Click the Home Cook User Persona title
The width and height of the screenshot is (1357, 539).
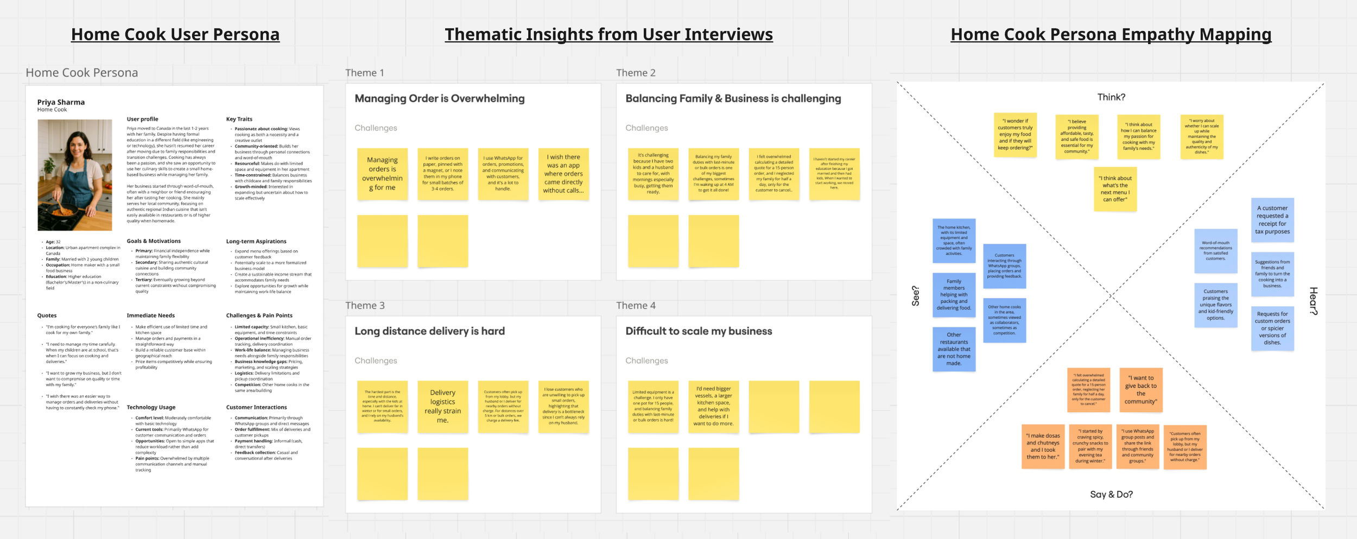175,34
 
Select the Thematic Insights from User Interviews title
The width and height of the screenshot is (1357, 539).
608,34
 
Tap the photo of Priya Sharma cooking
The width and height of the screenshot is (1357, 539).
75,175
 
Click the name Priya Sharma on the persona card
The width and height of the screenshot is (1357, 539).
61,102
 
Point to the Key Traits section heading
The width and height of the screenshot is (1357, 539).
239,119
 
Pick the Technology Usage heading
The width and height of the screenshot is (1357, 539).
151,407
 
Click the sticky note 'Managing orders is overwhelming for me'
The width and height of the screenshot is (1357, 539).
382,174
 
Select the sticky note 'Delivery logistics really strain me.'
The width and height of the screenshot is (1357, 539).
442,406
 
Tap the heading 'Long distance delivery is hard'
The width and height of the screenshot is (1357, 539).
429,331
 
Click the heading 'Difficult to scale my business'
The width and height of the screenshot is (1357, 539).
698,331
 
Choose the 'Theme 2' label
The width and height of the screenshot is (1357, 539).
636,73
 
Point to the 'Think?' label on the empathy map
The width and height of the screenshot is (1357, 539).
1111,97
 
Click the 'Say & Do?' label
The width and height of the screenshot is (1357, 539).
1111,494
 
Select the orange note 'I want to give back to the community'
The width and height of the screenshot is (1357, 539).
1140,390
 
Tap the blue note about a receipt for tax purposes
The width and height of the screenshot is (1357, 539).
1272,220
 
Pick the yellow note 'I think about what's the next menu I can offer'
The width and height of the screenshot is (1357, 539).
1115,189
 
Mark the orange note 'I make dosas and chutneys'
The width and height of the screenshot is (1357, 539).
1043,446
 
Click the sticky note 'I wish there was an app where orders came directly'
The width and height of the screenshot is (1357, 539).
563,174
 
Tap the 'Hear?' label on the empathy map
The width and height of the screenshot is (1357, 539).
1313,301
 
